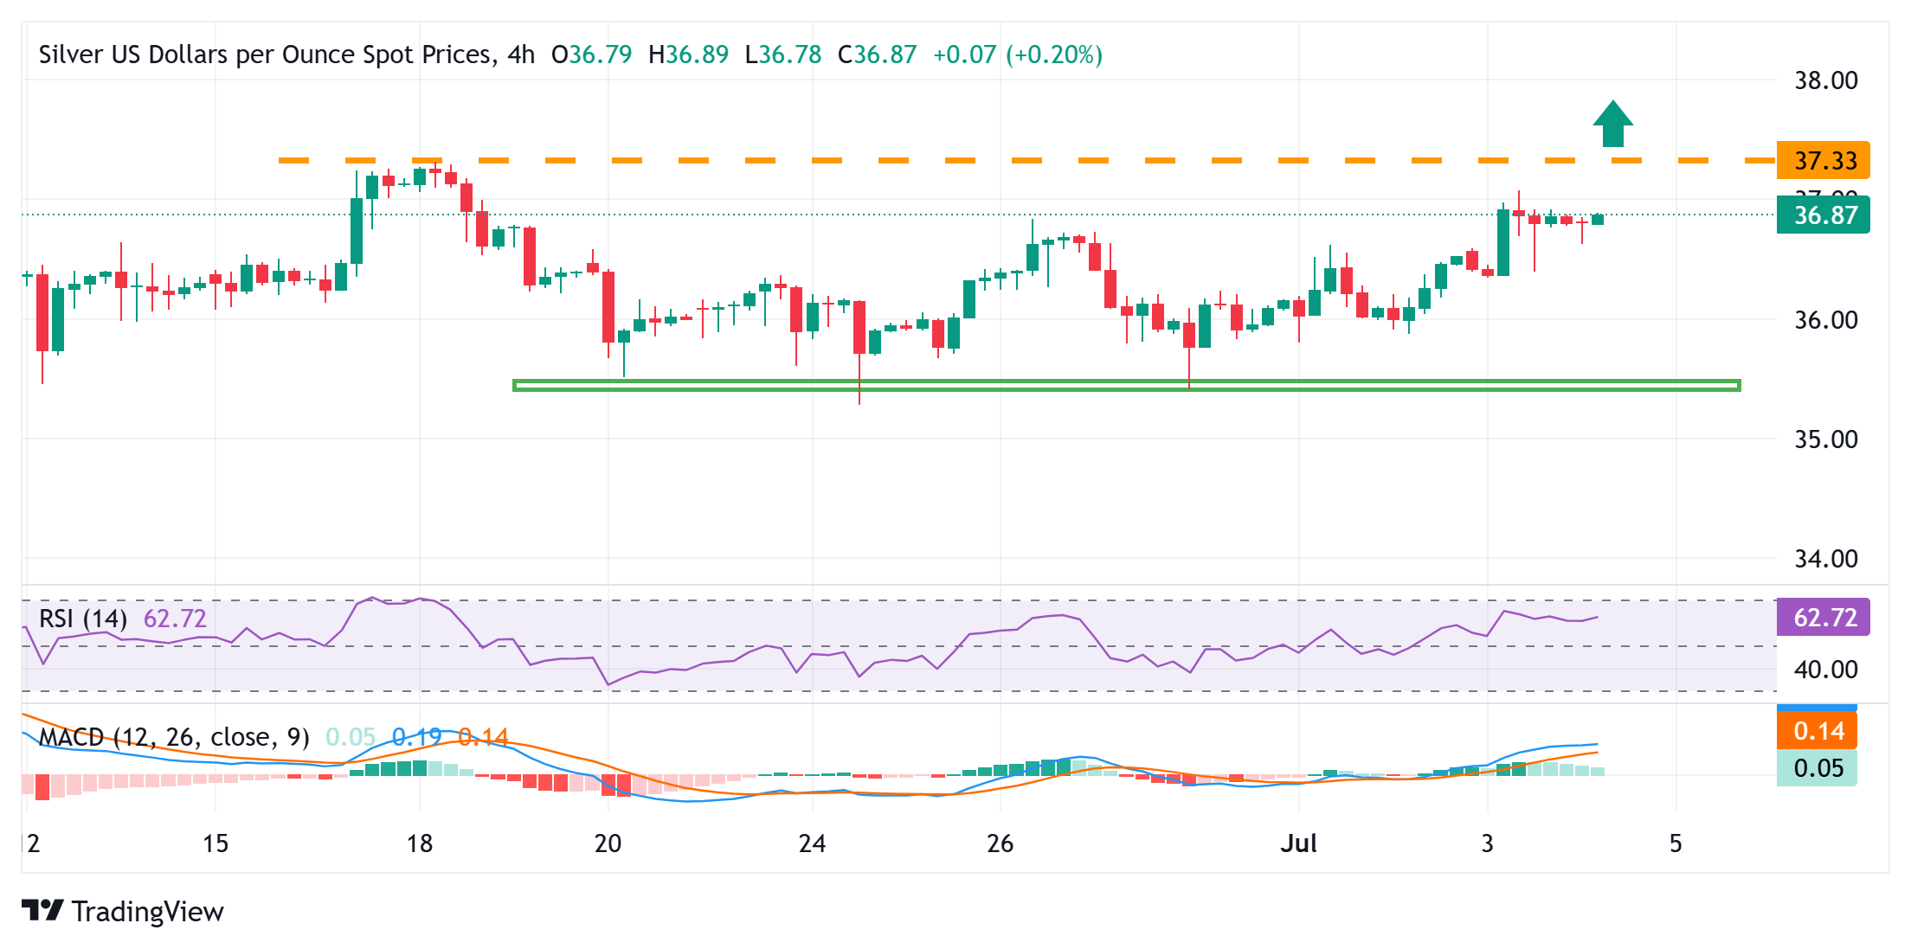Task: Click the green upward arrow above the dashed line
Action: tap(1612, 125)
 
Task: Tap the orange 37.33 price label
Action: tap(1823, 160)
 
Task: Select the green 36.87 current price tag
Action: tap(1823, 215)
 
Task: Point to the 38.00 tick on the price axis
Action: tap(1825, 80)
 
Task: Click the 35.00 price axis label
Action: tap(1825, 439)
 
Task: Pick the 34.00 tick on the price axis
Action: tap(1825, 559)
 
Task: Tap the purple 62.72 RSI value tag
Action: tap(1823, 618)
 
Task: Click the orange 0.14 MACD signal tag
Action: tap(1818, 731)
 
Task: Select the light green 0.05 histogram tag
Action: tap(1818, 768)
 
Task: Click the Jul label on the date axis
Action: tap(1298, 843)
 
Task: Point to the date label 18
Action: tap(420, 843)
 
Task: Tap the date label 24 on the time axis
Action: tap(812, 843)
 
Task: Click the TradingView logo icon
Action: tap(42, 911)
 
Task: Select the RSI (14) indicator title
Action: tap(83, 619)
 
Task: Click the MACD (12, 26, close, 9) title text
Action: tap(174, 737)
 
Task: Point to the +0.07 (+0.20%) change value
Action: tap(1017, 55)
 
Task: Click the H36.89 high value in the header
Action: tap(688, 55)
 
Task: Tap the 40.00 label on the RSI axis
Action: tap(1825, 670)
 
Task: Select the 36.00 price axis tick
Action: tap(1825, 320)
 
